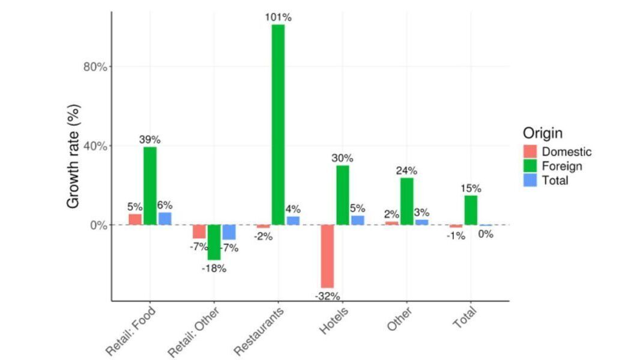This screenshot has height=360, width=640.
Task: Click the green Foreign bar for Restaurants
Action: [278, 125]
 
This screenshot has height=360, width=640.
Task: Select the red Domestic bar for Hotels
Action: [327, 256]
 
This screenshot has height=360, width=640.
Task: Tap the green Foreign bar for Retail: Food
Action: [150, 186]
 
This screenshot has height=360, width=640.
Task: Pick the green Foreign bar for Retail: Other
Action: [214, 242]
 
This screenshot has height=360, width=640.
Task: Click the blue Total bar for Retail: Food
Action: [165, 218]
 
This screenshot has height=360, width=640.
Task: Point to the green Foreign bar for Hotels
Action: [342, 195]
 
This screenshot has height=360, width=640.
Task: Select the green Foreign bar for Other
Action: [406, 201]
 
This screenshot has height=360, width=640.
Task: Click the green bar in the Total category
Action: [471, 210]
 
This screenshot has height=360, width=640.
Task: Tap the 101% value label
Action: [278, 17]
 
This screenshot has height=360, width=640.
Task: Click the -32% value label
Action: [328, 296]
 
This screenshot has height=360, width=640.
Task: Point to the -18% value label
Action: [214, 268]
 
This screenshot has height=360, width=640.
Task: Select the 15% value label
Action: [471, 188]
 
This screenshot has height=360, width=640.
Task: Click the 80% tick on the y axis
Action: [94, 67]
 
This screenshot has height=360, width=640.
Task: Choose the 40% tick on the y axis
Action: [94, 146]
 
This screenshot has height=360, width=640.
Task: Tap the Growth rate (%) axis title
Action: [73, 157]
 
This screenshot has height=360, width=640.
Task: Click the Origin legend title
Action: [543, 133]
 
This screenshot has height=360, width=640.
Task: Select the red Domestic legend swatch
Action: [530, 152]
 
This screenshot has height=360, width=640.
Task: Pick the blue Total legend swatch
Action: [530, 179]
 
